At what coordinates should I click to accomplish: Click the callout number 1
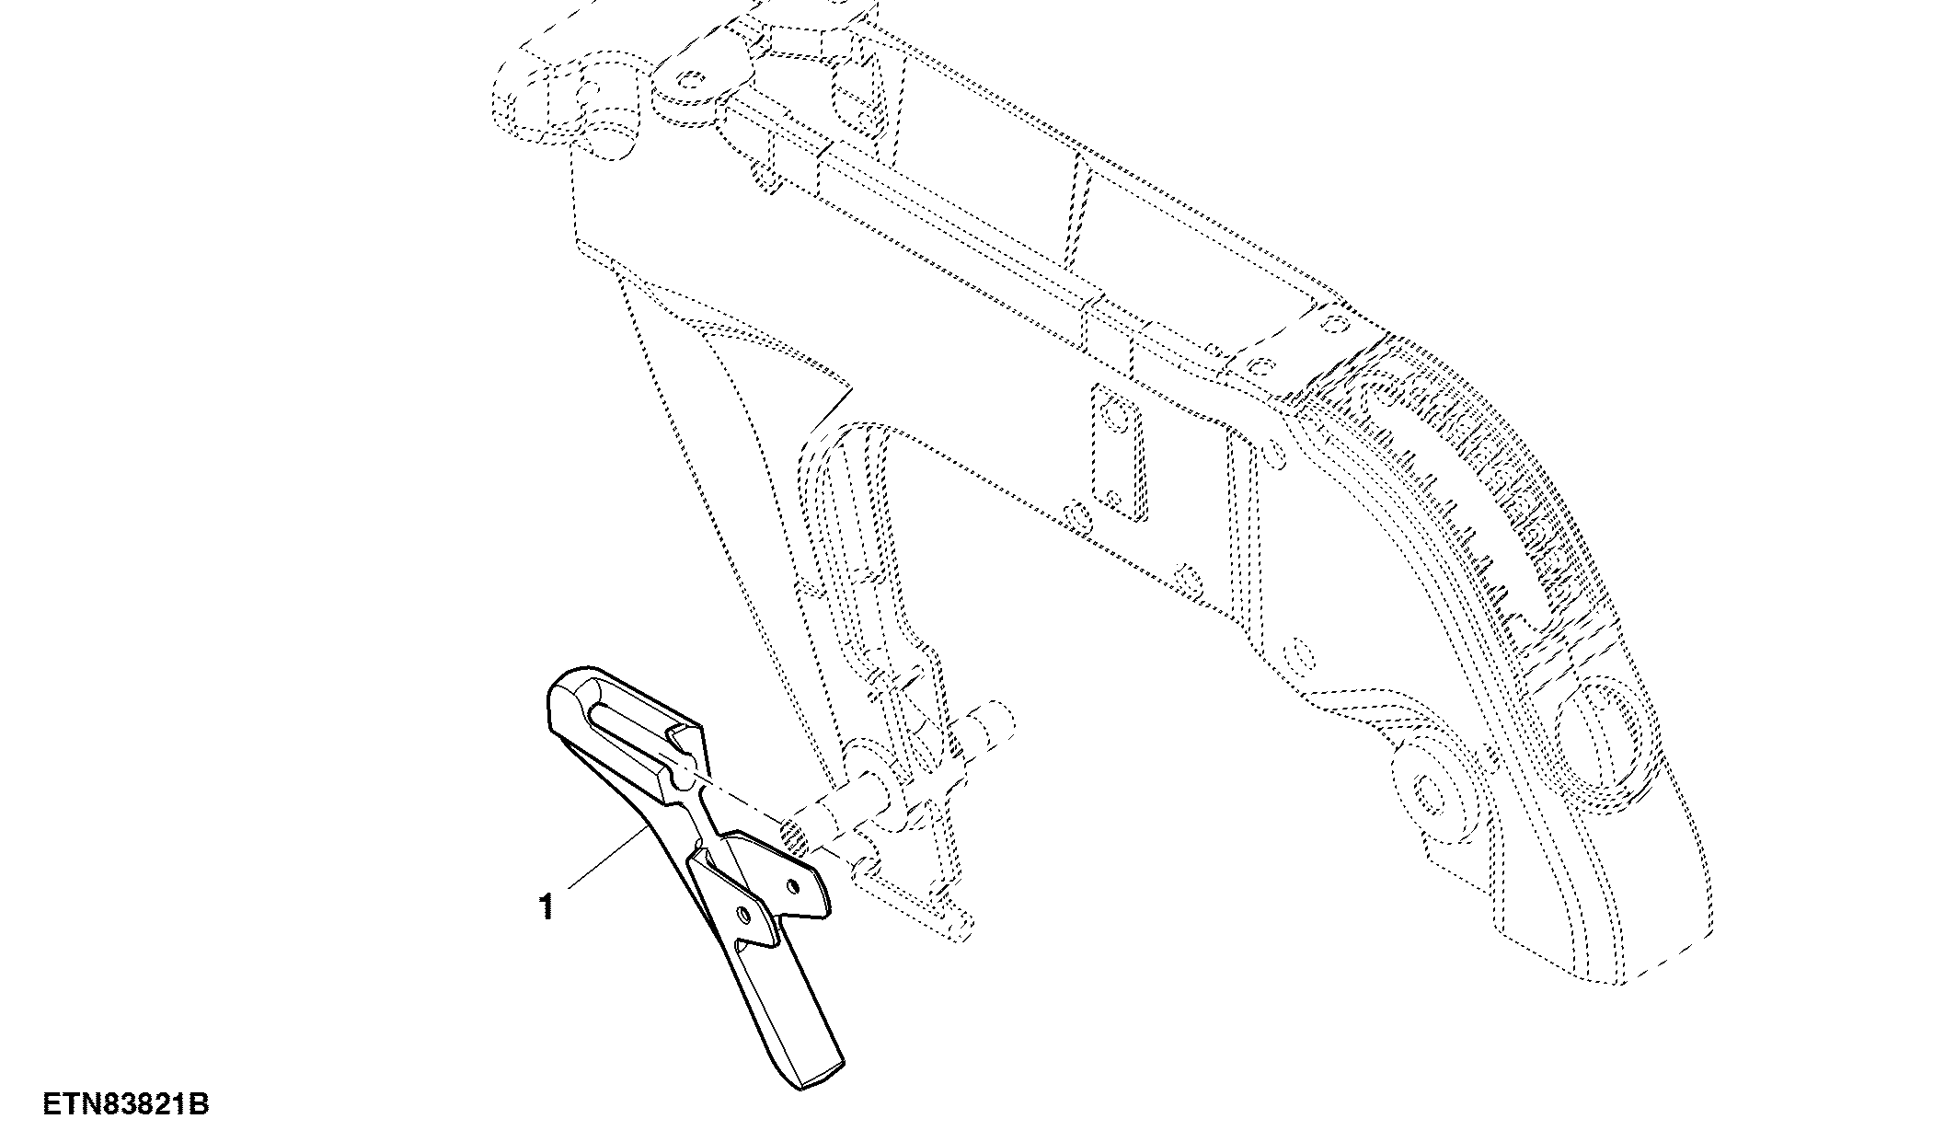[547, 907]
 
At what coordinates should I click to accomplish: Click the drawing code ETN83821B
[127, 1104]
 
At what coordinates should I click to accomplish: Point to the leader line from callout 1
[606, 858]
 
